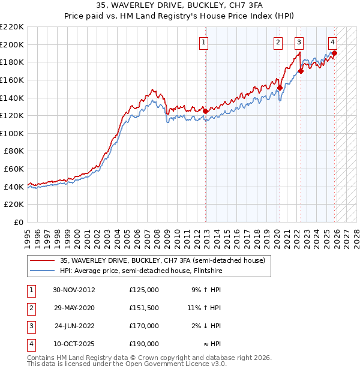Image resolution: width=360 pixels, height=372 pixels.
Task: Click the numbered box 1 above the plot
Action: coord(205,42)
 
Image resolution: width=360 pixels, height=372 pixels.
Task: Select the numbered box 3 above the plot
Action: coord(299,42)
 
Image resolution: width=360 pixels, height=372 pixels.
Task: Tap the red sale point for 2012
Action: coord(205,111)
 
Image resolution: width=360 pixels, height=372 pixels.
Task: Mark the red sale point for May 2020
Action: coord(280,88)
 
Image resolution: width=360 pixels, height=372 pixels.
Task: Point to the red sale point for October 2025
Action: coord(334,53)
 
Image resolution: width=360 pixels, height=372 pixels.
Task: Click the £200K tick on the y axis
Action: coord(12,44)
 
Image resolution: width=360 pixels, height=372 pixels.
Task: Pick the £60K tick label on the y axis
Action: coord(14,169)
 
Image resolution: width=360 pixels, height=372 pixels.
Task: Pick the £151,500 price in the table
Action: coord(144,308)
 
